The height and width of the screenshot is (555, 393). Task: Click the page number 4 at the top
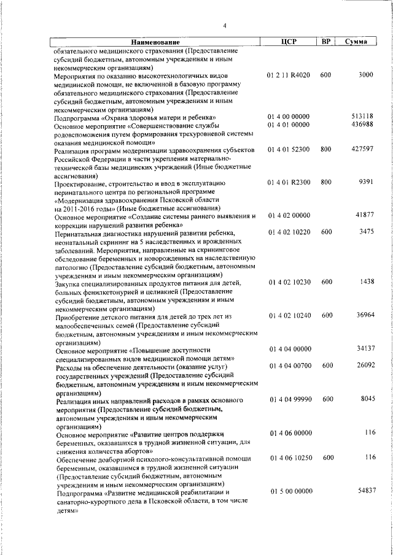[225, 26]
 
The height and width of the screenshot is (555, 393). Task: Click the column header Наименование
[150, 42]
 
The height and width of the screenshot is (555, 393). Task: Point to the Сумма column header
[356, 42]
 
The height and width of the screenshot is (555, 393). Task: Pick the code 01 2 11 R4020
[289, 74]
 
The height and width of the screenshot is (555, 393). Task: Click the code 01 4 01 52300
[289, 149]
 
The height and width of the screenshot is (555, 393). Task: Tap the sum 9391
[365, 182]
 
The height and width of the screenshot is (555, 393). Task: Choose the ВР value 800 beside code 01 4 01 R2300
[326, 182]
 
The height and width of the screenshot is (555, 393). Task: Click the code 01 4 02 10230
[289, 281]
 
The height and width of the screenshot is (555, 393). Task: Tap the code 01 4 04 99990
[289, 399]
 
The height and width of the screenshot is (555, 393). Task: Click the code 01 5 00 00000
[289, 491]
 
